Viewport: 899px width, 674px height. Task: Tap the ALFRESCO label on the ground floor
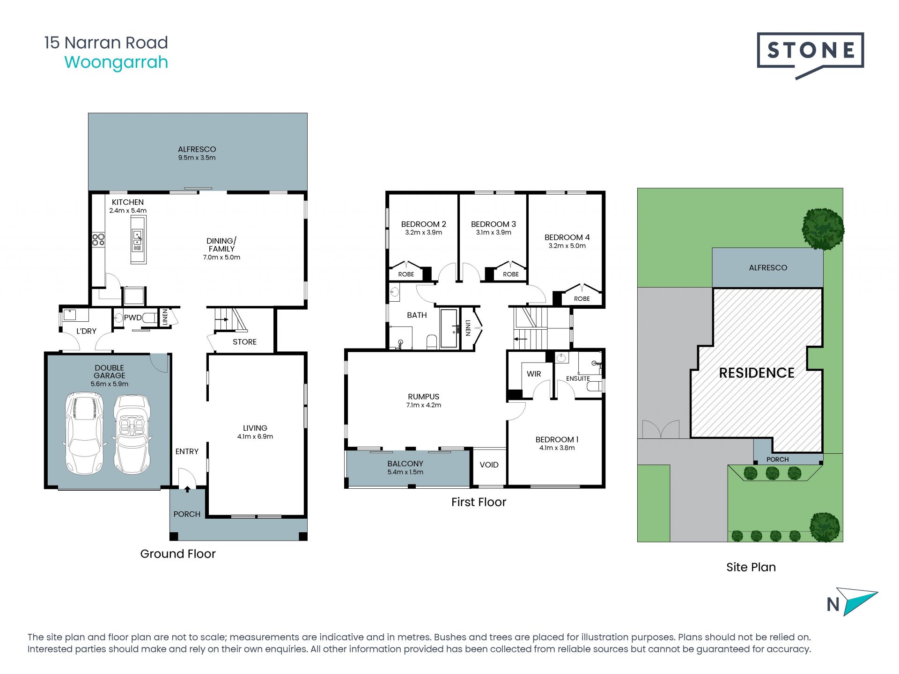(197, 149)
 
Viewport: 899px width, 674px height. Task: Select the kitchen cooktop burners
(98, 239)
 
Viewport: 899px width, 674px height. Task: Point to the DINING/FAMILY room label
(221, 245)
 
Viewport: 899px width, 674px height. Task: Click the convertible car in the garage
(133, 434)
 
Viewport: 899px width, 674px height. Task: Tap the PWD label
(133, 318)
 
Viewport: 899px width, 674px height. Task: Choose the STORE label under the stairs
(244, 342)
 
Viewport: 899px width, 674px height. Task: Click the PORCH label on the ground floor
(187, 514)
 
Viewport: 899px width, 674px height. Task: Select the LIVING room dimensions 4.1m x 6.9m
(255, 436)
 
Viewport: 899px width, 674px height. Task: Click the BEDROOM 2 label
(423, 224)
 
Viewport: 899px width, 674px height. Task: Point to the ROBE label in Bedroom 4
(582, 299)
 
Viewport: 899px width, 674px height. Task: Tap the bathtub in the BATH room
(449, 328)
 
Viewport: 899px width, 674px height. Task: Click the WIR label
(534, 374)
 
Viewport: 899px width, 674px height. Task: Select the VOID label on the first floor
(489, 464)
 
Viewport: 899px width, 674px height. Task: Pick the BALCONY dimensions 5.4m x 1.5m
(405, 472)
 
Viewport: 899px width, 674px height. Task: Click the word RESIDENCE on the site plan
(757, 373)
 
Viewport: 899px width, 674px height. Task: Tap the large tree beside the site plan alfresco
(823, 229)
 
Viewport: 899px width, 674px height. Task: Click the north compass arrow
(857, 602)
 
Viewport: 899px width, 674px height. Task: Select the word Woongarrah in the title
(116, 62)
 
